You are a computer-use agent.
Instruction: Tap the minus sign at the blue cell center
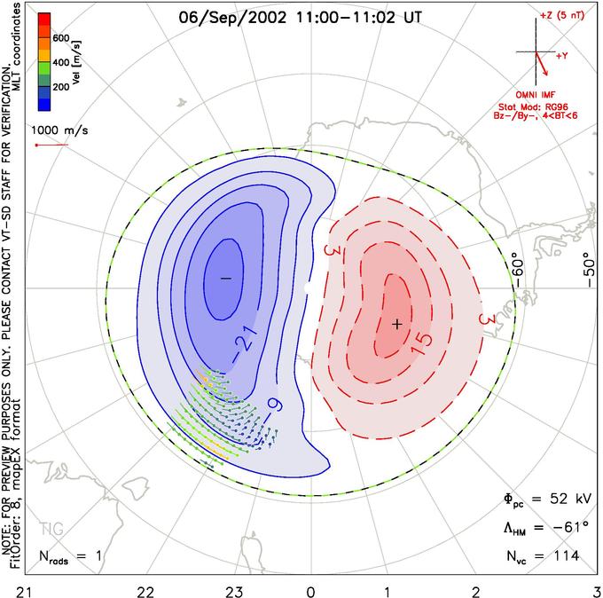coord(225,279)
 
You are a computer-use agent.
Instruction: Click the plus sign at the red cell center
coord(396,324)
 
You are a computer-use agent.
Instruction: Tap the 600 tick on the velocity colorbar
coord(60,38)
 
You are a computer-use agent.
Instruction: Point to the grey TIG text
coord(51,531)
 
